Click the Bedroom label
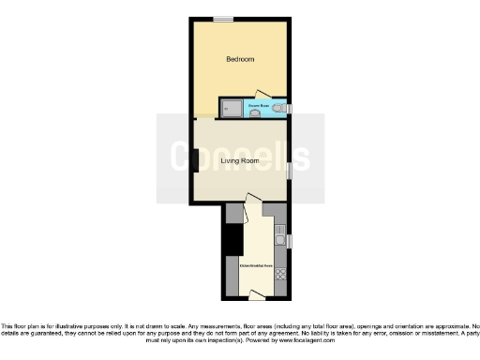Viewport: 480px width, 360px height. click(240, 59)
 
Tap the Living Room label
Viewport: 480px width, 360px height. click(239, 160)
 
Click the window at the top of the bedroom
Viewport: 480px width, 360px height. click(222, 19)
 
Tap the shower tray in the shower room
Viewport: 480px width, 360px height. click(231, 108)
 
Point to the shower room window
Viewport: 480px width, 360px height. click(289, 109)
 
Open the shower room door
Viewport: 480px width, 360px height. click(262, 96)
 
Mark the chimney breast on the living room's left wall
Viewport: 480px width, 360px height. click(194, 161)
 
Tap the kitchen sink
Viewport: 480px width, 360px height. click(279, 240)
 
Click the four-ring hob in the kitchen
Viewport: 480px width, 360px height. click(279, 275)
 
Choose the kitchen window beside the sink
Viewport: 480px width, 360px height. click(289, 241)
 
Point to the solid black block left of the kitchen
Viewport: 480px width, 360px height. click(232, 242)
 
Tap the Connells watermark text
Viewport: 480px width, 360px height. click(240, 156)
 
